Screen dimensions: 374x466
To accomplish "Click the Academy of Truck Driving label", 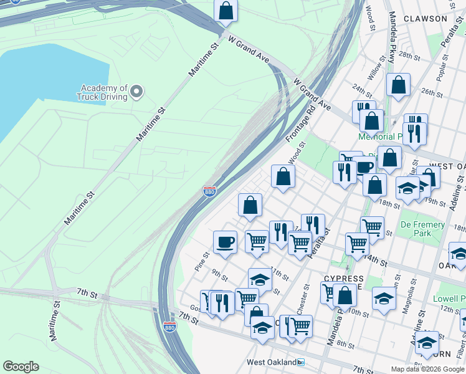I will point(102,92).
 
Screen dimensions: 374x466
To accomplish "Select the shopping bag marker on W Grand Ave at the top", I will point(226,11).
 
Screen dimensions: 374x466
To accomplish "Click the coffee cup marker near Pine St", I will point(225,242).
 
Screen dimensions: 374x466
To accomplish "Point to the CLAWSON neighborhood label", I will point(426,19).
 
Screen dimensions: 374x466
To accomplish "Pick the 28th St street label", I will point(409,55).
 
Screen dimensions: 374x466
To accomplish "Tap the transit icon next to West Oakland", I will point(300,362).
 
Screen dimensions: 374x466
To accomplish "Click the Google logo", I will point(21,367).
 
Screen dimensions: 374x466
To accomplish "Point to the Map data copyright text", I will point(427,369).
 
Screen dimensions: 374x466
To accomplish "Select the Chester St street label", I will point(306,296).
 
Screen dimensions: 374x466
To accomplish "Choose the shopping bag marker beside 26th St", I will point(398,85).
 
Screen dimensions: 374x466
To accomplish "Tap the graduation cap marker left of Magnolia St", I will point(384,299).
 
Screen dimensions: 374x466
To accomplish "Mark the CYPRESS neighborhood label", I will point(344,279).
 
